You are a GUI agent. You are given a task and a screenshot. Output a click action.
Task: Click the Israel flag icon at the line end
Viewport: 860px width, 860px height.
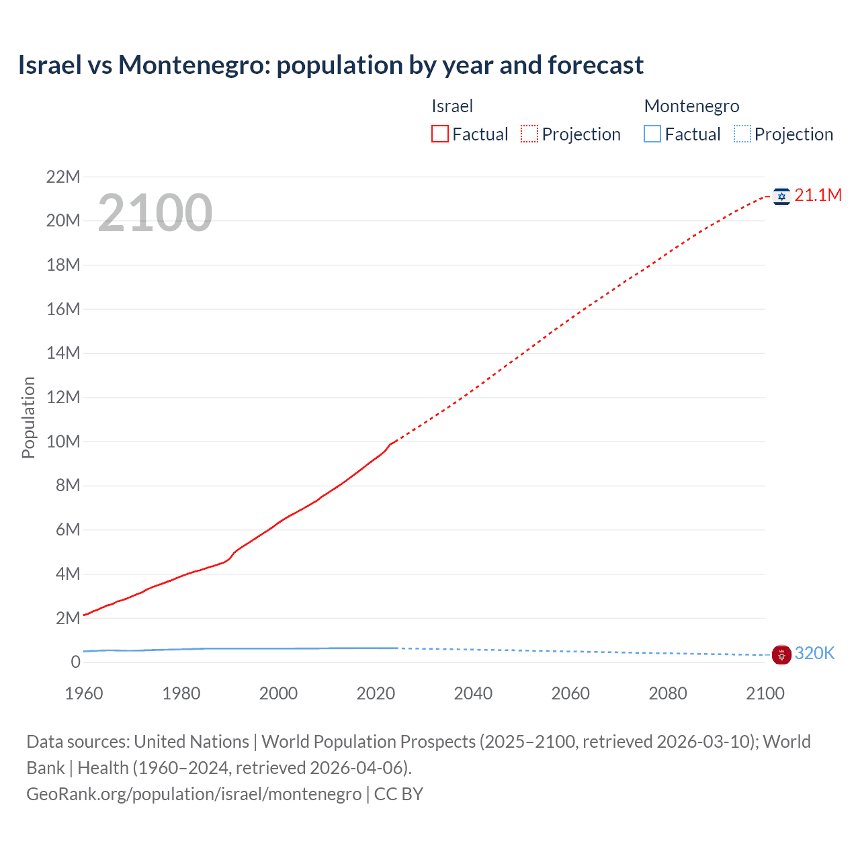coord(781,196)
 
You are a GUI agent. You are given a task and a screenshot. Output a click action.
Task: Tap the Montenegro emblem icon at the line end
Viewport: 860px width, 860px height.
coord(781,654)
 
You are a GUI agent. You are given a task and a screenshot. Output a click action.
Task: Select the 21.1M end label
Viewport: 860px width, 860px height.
coord(818,196)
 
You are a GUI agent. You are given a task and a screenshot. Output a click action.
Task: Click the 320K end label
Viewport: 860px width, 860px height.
coord(814,654)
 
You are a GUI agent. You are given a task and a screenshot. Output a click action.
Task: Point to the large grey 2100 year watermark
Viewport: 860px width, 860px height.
coord(155,213)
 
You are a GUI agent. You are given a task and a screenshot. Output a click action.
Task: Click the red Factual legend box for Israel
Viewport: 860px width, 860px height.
coord(440,134)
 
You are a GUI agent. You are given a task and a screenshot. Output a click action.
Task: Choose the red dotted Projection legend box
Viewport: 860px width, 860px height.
coord(529,134)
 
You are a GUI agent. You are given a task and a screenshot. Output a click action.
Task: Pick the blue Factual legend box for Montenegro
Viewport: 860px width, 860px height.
coord(652,134)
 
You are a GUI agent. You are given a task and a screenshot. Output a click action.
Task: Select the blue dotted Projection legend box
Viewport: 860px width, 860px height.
coord(742,134)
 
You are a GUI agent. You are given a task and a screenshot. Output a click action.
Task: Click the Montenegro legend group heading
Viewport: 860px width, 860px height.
coord(691,106)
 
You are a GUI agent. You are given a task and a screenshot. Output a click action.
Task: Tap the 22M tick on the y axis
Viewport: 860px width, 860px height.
coord(62,177)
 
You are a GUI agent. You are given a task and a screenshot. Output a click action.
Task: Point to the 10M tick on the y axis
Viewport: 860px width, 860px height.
coord(62,441)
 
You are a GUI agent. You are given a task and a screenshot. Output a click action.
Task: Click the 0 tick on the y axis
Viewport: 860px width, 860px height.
coord(75,662)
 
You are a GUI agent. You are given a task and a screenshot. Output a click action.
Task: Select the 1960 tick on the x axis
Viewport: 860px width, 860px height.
coord(84,693)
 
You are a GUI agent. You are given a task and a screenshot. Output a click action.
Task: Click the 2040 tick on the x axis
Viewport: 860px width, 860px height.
coord(473,693)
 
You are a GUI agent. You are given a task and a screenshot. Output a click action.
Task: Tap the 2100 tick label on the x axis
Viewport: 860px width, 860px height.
coord(765,693)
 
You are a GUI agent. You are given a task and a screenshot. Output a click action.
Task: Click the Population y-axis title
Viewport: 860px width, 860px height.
coord(28,417)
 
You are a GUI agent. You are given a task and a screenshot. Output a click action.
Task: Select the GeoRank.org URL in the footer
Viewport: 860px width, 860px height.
coord(193,794)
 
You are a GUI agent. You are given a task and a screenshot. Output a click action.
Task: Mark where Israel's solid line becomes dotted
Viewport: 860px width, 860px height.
coord(396,441)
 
